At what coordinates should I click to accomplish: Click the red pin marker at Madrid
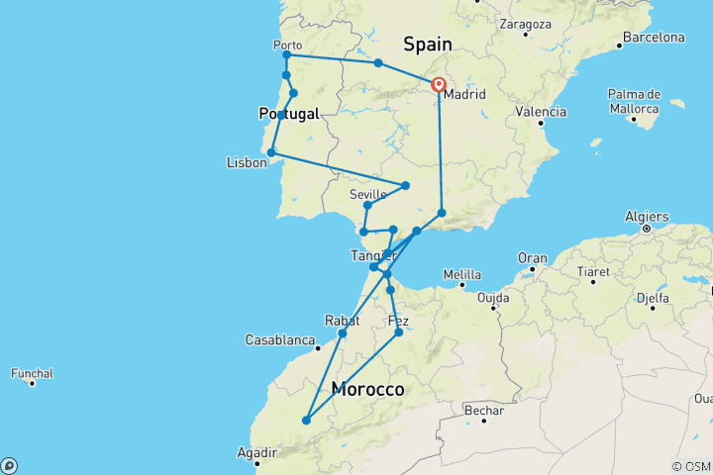[x=437, y=85]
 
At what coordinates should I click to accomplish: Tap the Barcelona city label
[x=653, y=38]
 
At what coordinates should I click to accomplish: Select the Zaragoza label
[x=527, y=22]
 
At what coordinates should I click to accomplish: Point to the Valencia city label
[x=540, y=112]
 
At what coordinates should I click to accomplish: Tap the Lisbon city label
[x=247, y=162]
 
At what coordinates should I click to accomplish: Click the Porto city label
[x=286, y=45]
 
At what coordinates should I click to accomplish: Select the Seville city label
[x=367, y=194]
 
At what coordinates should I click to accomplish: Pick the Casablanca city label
[x=281, y=339]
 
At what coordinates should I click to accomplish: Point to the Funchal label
[x=32, y=373]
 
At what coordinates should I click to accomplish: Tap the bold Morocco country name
[x=368, y=390]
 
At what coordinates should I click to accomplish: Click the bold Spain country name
[x=427, y=44]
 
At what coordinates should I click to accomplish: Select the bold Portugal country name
[x=289, y=114]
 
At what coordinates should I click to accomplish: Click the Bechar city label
[x=484, y=411]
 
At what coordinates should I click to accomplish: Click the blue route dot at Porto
[x=286, y=54]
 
